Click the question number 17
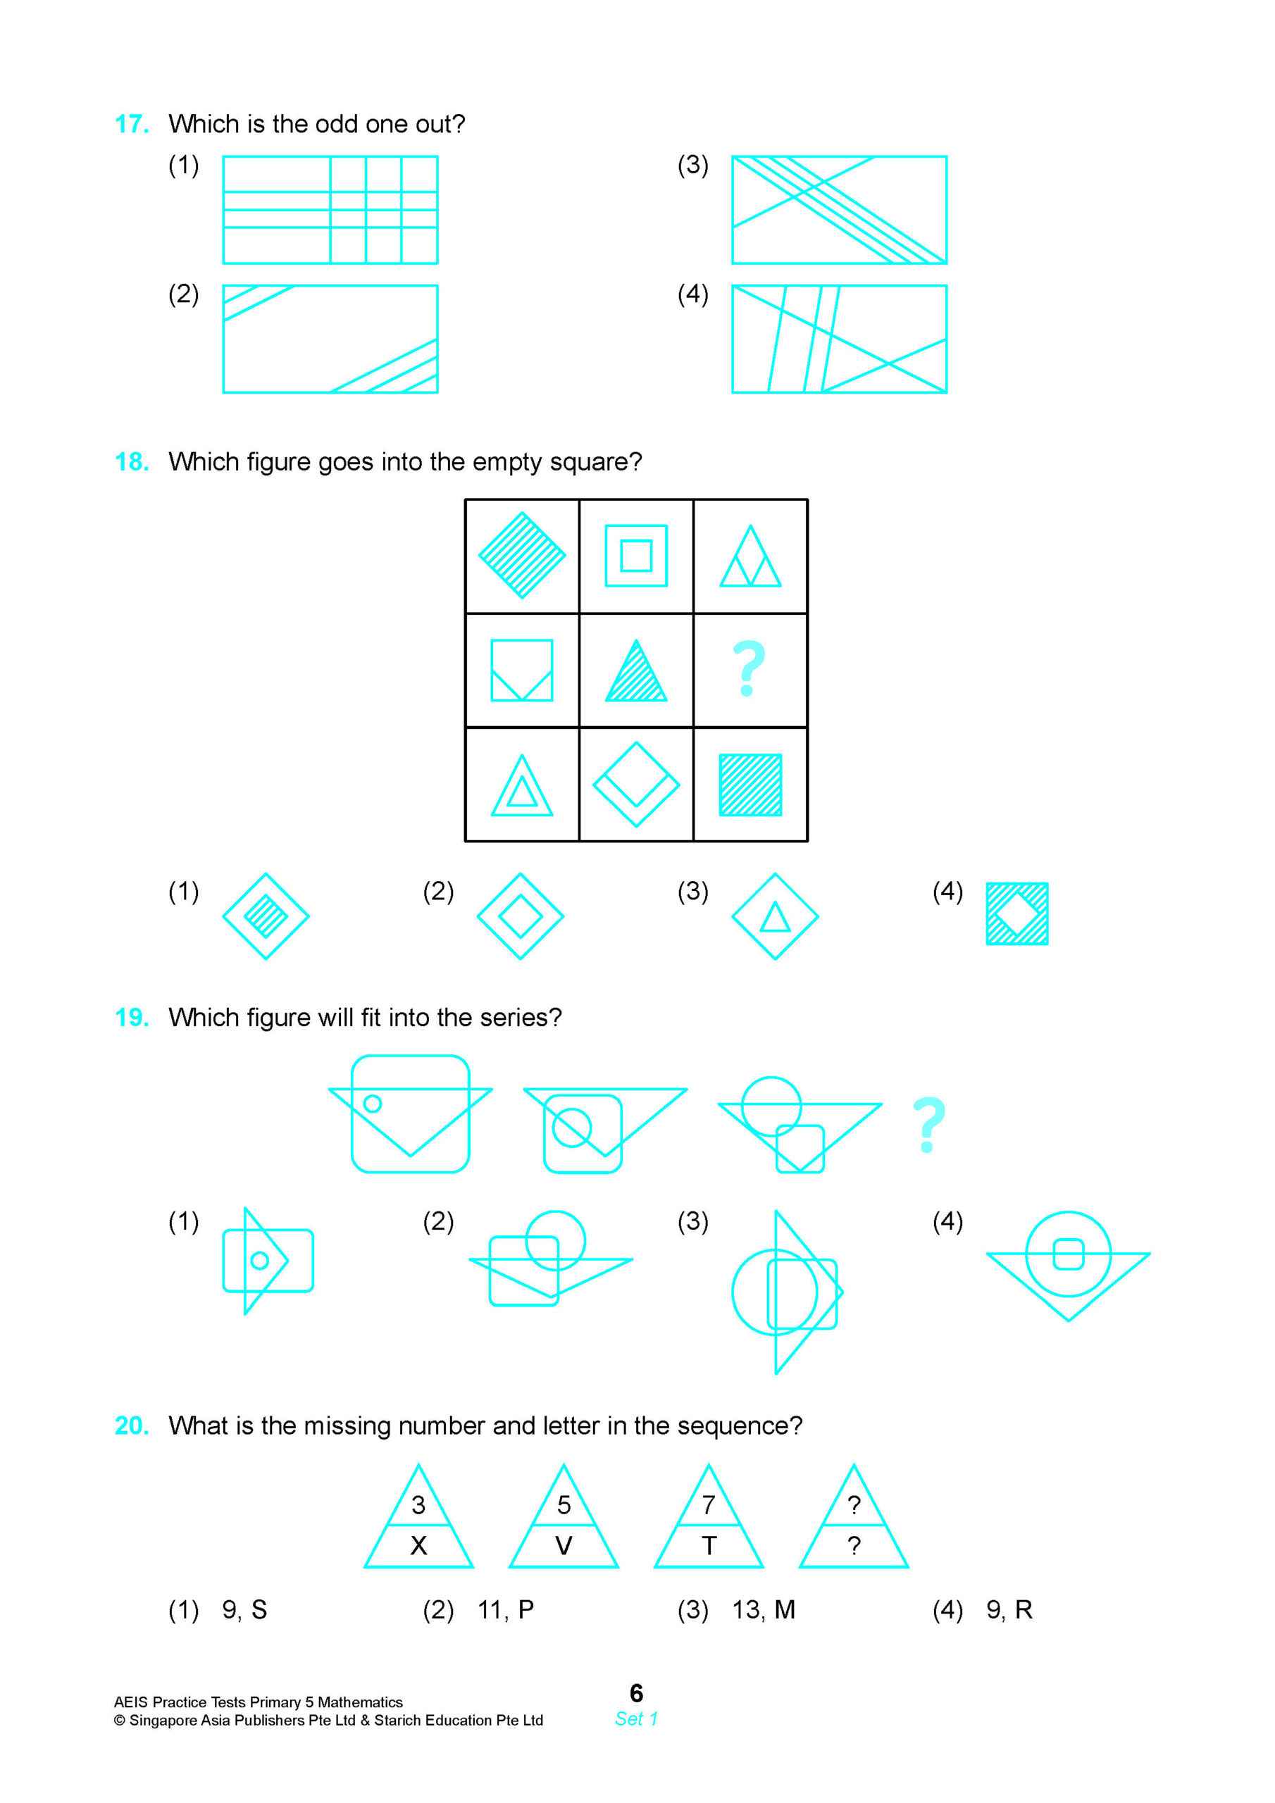[x=131, y=124]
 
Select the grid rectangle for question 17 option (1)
[x=330, y=210]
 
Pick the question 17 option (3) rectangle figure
[x=839, y=210]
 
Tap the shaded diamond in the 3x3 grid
[x=522, y=556]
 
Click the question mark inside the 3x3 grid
[x=749, y=669]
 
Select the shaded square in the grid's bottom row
[x=750, y=785]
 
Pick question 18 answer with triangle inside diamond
[x=775, y=916]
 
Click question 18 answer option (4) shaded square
[x=1016, y=913]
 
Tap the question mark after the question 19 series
[x=928, y=1125]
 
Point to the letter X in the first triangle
[x=418, y=1545]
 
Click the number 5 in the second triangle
[x=564, y=1504]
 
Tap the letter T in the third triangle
[x=709, y=1545]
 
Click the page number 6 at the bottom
[x=636, y=1692]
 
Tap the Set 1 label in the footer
[x=636, y=1719]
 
